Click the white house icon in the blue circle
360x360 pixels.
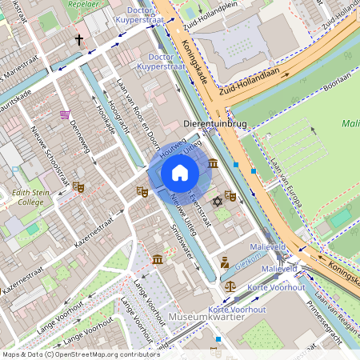pos(180,173)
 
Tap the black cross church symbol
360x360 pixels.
pos(79,38)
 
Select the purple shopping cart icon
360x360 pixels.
pos(64,114)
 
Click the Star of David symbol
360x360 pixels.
pos(215,200)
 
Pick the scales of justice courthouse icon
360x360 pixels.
pos(230,284)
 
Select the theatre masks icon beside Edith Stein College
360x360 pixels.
pos(78,186)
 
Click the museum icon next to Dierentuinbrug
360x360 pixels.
pos(213,163)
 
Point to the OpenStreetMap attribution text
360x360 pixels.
pos(80,354)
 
